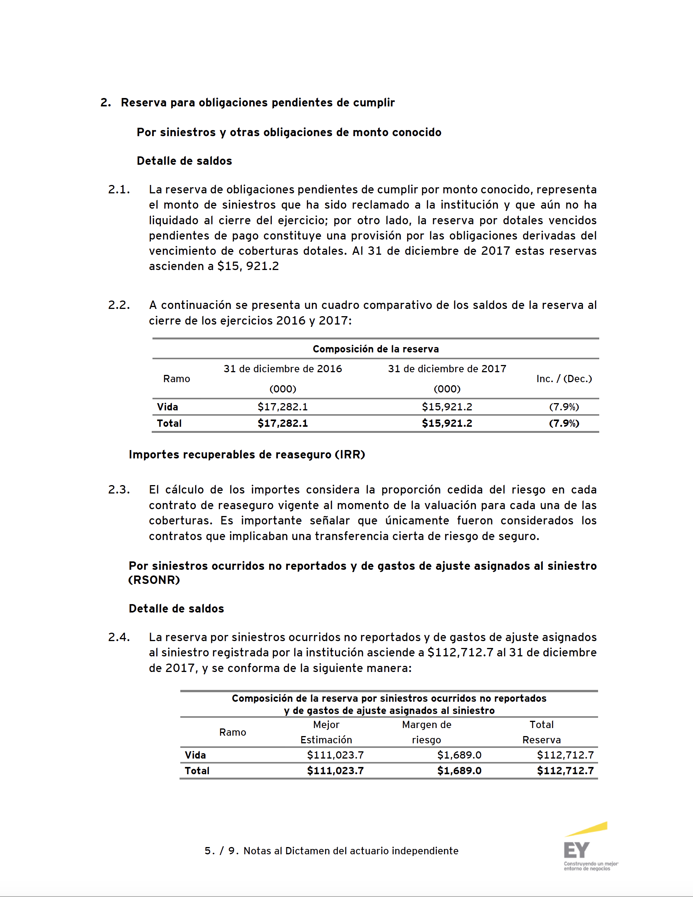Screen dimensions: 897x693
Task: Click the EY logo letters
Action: [576, 850]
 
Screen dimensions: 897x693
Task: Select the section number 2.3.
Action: [119, 490]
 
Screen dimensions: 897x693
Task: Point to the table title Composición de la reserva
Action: [375, 349]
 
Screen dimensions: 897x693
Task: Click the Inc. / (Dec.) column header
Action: [564, 379]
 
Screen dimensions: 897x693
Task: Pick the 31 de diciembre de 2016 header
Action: [282, 369]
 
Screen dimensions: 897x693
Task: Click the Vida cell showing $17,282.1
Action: [282, 407]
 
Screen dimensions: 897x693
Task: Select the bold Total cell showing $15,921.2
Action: [447, 423]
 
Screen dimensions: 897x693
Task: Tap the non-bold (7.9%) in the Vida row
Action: [564, 407]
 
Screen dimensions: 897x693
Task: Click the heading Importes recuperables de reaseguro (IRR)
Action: [247, 455]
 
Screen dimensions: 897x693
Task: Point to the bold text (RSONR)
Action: [154, 580]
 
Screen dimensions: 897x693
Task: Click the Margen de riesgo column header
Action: [427, 732]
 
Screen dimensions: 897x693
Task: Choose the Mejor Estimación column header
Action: [326, 732]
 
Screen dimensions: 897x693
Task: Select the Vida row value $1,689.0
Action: [459, 755]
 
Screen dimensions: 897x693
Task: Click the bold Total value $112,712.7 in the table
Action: [565, 771]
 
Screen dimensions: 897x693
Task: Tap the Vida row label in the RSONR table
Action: [195, 755]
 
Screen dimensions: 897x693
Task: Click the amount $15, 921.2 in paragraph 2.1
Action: [248, 266]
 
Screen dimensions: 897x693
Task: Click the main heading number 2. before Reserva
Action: [106, 103]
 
